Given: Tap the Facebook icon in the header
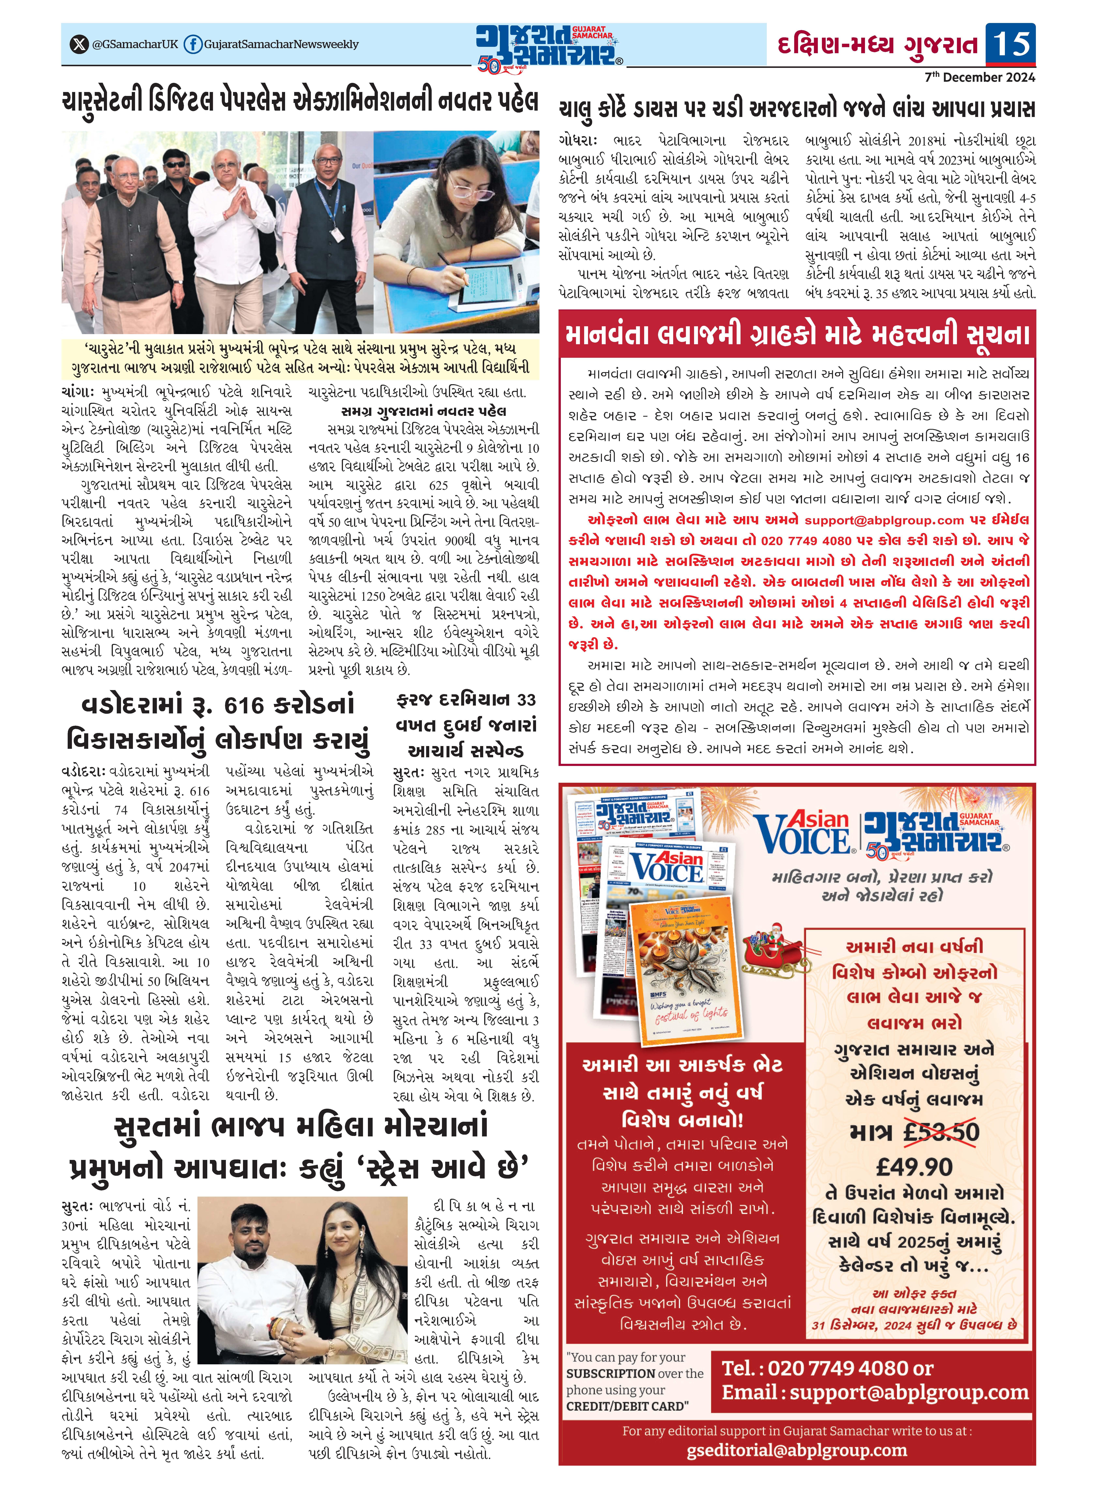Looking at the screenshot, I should click(193, 45).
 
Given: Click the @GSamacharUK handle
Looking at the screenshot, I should click(135, 45).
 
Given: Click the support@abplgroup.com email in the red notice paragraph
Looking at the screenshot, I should click(883, 520).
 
